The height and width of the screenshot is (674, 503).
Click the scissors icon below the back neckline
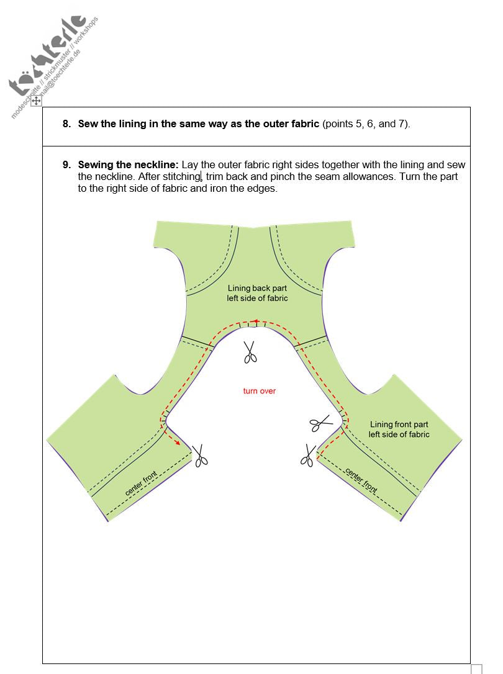(250, 352)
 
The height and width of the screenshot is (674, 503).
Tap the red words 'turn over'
(259, 391)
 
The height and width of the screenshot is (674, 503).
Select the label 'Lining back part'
(257, 289)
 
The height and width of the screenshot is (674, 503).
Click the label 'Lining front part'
(399, 425)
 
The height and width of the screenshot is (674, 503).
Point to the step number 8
(66, 124)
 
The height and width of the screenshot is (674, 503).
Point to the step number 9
(66, 164)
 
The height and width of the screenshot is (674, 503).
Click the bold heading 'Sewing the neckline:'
(129, 164)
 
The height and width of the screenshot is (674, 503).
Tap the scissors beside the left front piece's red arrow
(200, 456)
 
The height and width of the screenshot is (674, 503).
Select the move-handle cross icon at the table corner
(36, 101)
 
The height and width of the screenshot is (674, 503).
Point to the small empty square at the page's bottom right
(476, 669)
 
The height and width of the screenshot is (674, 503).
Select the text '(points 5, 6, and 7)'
(366, 124)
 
